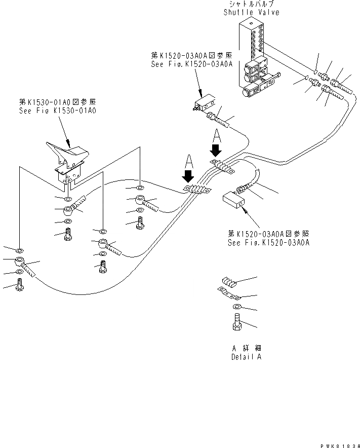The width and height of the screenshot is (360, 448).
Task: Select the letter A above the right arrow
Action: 216,135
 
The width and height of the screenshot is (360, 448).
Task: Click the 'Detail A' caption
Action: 246,357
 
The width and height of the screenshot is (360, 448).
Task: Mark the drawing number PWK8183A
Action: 339,444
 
